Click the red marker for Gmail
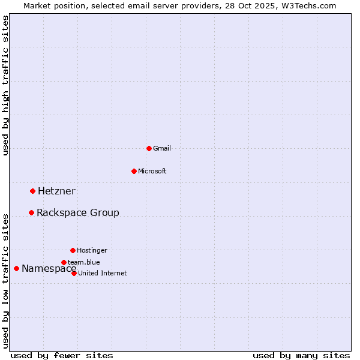tap(149, 148)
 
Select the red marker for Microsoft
tap(134, 171)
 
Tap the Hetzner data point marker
tap(32, 191)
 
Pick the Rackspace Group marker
tap(31, 212)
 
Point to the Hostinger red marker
tap(73, 250)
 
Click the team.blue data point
tap(64, 262)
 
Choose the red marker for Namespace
tap(16, 268)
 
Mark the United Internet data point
tap(74, 273)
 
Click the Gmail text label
tap(162, 148)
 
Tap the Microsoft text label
tap(152, 171)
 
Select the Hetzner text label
tap(56, 191)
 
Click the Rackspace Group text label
tap(78, 213)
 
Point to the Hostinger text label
tap(92, 250)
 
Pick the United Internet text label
tap(102, 273)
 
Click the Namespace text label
tap(49, 269)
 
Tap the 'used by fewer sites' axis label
tap(62, 355)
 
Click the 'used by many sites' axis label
tap(301, 355)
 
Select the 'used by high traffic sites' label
tap(5, 85)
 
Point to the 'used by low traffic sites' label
tap(5, 280)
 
